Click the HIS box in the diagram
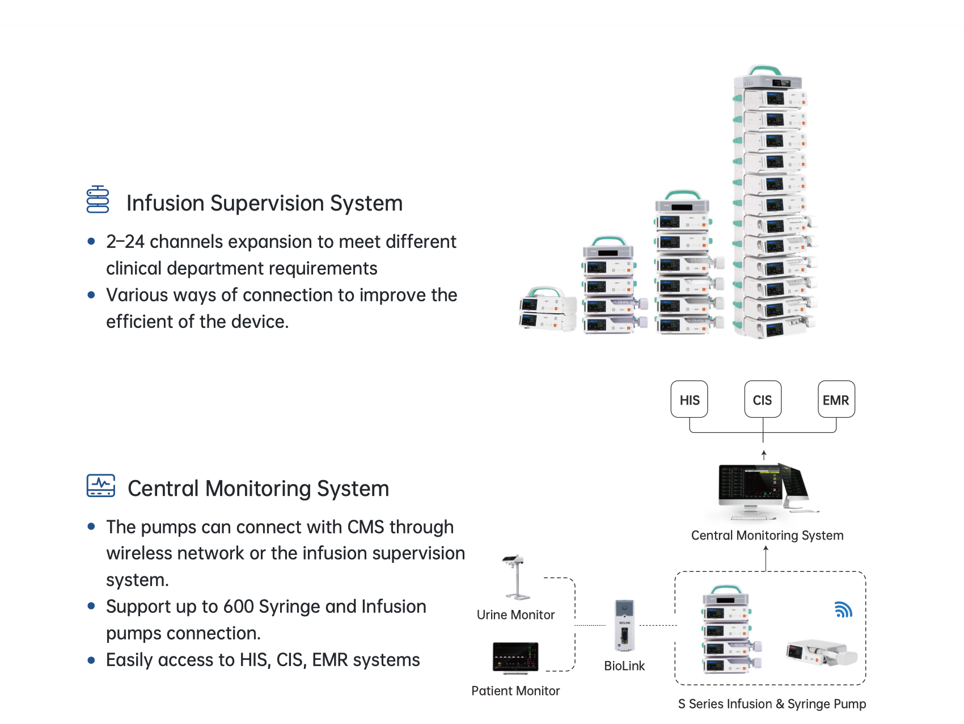click(689, 399)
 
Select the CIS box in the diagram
click(763, 399)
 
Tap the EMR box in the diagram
click(836, 399)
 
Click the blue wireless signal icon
click(843, 609)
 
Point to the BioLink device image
click(624, 625)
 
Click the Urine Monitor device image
click(515, 577)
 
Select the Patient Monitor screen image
click(515, 658)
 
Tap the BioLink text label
click(624, 666)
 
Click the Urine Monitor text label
click(515, 615)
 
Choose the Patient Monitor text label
click(515, 691)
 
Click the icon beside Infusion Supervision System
click(98, 199)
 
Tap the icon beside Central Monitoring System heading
click(101, 486)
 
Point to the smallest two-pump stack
click(547, 309)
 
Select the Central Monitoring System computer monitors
click(763, 489)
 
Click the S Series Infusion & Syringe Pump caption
click(772, 704)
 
